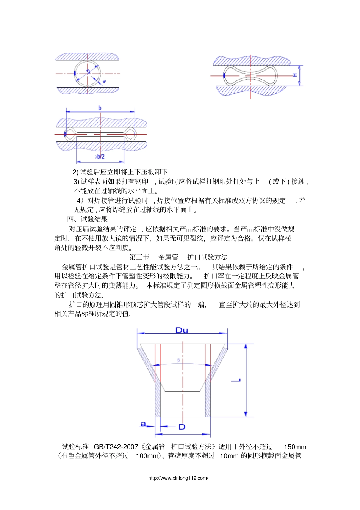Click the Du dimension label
[x=182, y=330]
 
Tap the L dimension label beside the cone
[x=236, y=380]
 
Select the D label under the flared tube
[x=182, y=427]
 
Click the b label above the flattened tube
[x=100, y=108]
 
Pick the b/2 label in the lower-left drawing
[x=100, y=157]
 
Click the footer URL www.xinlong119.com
[x=178, y=478]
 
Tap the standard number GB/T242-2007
[x=116, y=447]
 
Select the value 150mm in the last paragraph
[x=295, y=447]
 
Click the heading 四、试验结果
[x=87, y=219]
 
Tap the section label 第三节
[x=139, y=257]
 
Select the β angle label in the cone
[x=178, y=360]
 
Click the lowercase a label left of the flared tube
[x=143, y=424]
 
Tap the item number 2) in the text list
[x=75, y=172]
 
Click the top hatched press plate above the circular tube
[x=88, y=57]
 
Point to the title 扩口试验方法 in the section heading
[x=208, y=257]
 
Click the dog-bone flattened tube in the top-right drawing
[x=250, y=75]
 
